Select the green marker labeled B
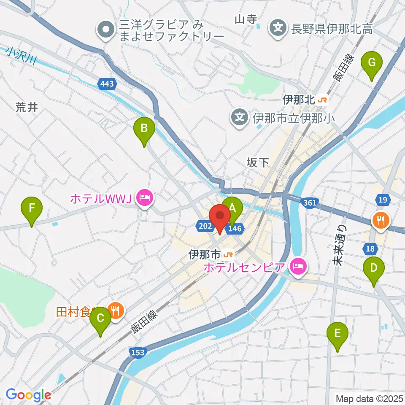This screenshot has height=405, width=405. point(144,129)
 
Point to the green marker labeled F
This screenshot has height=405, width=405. point(32,209)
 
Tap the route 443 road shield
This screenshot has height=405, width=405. point(107,84)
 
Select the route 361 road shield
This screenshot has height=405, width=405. point(309,203)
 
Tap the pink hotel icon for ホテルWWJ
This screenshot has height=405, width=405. point(144,197)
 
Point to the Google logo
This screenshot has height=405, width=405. point(28,395)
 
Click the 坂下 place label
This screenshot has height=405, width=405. point(258,163)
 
